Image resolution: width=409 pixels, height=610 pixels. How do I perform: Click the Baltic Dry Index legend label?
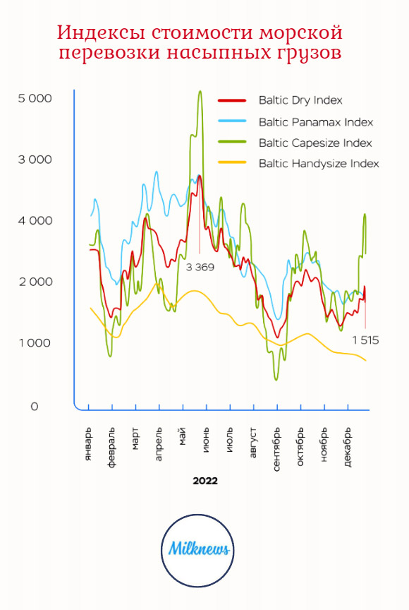tap(300, 100)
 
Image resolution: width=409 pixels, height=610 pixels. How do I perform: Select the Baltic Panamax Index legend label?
tap(316, 122)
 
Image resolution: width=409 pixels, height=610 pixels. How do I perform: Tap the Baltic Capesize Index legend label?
tap(315, 143)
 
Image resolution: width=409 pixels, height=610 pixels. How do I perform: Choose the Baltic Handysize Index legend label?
tap(319, 163)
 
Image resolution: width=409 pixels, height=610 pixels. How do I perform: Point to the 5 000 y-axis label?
tap(35, 98)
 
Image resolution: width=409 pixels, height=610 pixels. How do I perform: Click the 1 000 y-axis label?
tap(35, 342)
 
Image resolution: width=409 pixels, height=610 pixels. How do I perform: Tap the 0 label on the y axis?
tap(35, 407)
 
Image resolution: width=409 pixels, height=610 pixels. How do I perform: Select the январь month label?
tap(89, 445)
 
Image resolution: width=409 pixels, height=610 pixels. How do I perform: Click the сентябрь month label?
tap(277, 449)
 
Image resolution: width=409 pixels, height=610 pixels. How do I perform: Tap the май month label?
tap(183, 436)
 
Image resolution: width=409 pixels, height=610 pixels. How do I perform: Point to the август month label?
tap(253, 443)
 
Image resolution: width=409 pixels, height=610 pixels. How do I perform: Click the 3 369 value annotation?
tap(200, 268)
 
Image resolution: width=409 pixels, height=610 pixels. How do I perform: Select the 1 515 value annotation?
tap(365, 340)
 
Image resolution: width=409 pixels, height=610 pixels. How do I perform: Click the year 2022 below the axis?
tap(205, 481)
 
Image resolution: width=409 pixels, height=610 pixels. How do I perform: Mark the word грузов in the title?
tap(309, 52)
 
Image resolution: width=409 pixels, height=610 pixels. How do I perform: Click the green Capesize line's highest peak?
tap(200, 91)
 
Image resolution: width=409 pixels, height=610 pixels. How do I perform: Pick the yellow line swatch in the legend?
tap(232, 162)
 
